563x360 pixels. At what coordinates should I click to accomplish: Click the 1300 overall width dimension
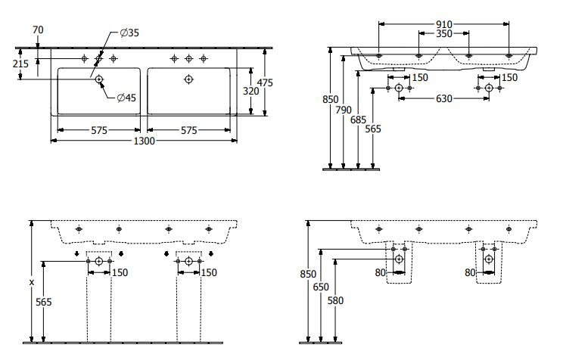click(144, 141)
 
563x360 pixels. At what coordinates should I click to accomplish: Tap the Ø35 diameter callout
click(129, 33)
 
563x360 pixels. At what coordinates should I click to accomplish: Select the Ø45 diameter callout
click(126, 98)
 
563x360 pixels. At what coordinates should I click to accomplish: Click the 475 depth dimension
click(265, 82)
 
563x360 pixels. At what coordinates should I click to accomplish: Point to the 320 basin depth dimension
click(250, 92)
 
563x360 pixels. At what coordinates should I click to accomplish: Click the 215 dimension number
click(20, 64)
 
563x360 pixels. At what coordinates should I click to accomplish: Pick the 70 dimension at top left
click(38, 29)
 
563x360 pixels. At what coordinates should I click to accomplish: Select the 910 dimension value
click(443, 24)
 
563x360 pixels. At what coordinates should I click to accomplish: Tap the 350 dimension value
click(443, 34)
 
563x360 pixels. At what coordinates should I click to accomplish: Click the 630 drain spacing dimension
click(443, 99)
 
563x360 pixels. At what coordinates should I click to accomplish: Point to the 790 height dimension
click(344, 110)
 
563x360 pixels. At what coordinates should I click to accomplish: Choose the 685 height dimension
click(358, 119)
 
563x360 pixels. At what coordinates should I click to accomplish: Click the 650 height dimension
click(321, 287)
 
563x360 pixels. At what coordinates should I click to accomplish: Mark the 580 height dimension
click(335, 300)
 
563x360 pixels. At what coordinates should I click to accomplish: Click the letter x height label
click(32, 282)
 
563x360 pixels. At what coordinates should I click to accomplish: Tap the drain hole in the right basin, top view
click(189, 79)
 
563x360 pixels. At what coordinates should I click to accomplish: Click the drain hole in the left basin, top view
click(99, 79)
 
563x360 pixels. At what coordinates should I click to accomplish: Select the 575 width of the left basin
click(99, 130)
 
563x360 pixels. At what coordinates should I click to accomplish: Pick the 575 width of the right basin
click(189, 130)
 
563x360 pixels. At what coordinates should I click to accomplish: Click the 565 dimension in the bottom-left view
click(43, 303)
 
